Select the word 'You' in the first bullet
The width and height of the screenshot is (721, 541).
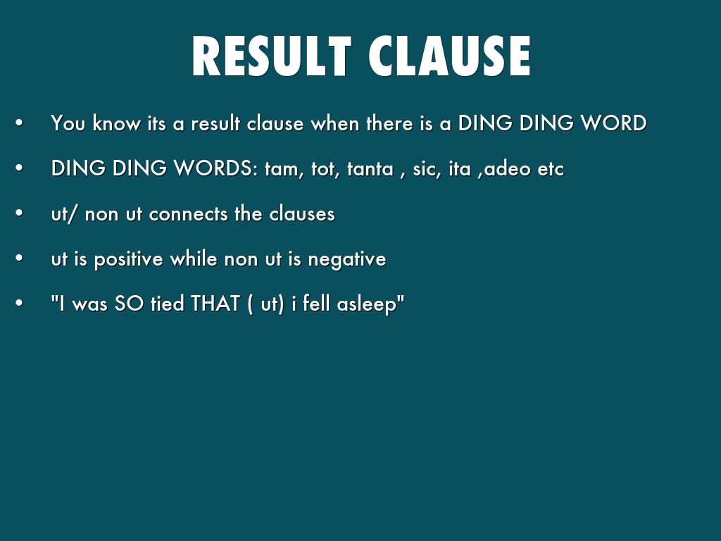pyautogui.click(x=68, y=123)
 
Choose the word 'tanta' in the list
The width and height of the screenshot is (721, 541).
pyautogui.click(x=370, y=169)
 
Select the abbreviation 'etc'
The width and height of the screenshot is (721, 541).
pyautogui.click(x=551, y=169)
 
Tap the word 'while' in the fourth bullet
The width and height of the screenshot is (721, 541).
pyautogui.click(x=200, y=259)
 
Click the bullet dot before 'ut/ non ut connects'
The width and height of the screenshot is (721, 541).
pyautogui.click(x=20, y=214)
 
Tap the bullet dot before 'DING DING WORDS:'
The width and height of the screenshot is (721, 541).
pyautogui.click(x=20, y=169)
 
